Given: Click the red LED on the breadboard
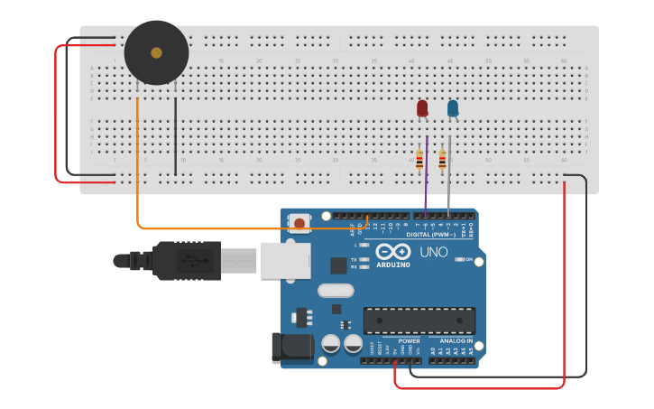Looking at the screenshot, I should (x=422, y=108).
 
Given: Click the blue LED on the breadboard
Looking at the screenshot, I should (x=453, y=108).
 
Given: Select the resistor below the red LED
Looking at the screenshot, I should (x=419, y=160).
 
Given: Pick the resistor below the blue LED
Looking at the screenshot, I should (x=442, y=160).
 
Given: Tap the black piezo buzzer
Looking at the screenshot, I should (x=156, y=53).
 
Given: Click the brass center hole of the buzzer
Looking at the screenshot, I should (x=156, y=53).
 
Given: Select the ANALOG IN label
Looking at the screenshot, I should (x=456, y=341).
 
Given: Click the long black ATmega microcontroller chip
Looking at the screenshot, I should (x=419, y=320).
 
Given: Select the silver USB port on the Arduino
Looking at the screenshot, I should (x=285, y=261).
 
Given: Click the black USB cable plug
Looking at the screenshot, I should (x=186, y=261).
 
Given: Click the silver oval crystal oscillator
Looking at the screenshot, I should (x=336, y=291).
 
